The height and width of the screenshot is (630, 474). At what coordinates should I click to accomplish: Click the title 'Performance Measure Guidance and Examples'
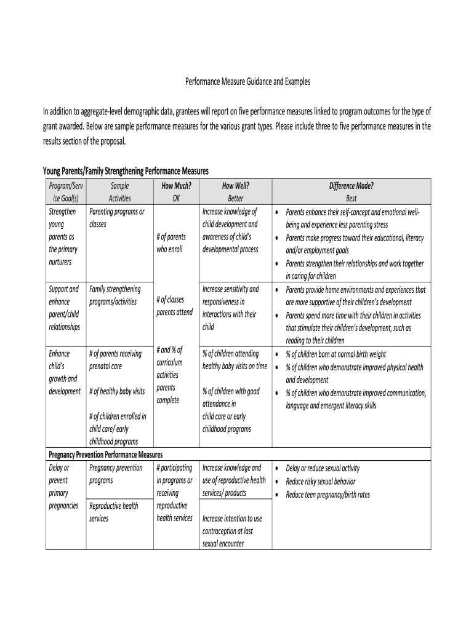tap(248, 81)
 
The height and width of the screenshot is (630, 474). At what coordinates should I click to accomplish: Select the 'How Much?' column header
tap(176, 185)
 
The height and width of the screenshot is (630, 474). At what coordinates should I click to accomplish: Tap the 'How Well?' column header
tap(235, 185)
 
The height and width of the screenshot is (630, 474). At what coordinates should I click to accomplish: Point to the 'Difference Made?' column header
tap(351, 185)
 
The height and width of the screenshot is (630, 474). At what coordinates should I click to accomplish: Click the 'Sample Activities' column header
tap(120, 191)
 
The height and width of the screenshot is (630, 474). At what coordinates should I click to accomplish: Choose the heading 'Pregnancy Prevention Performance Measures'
tap(105, 455)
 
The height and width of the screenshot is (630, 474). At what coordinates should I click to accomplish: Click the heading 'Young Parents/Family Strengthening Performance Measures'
tap(126, 170)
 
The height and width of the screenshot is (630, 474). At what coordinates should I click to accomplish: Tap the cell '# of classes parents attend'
tap(175, 306)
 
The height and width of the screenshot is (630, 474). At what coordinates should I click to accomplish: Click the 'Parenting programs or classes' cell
tap(117, 218)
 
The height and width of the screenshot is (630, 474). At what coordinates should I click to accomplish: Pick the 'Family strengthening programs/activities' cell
tap(115, 295)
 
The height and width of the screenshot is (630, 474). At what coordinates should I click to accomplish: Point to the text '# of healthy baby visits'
tap(117, 391)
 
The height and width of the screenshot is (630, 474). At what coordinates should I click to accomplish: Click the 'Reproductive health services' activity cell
tap(114, 512)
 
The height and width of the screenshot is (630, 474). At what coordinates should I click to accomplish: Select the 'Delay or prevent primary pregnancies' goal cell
tap(63, 487)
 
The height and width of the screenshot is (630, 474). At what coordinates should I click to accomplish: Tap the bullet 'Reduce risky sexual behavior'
tap(321, 482)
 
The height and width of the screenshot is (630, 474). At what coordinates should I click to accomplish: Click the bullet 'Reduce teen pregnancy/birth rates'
tap(328, 495)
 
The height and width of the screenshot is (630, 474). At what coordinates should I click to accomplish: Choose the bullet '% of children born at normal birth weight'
tap(336, 354)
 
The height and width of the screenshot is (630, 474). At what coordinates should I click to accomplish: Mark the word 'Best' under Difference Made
tap(351, 198)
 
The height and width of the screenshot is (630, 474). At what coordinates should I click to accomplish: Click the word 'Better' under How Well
tap(235, 198)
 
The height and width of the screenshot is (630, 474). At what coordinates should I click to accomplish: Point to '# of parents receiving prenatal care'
tap(115, 360)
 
